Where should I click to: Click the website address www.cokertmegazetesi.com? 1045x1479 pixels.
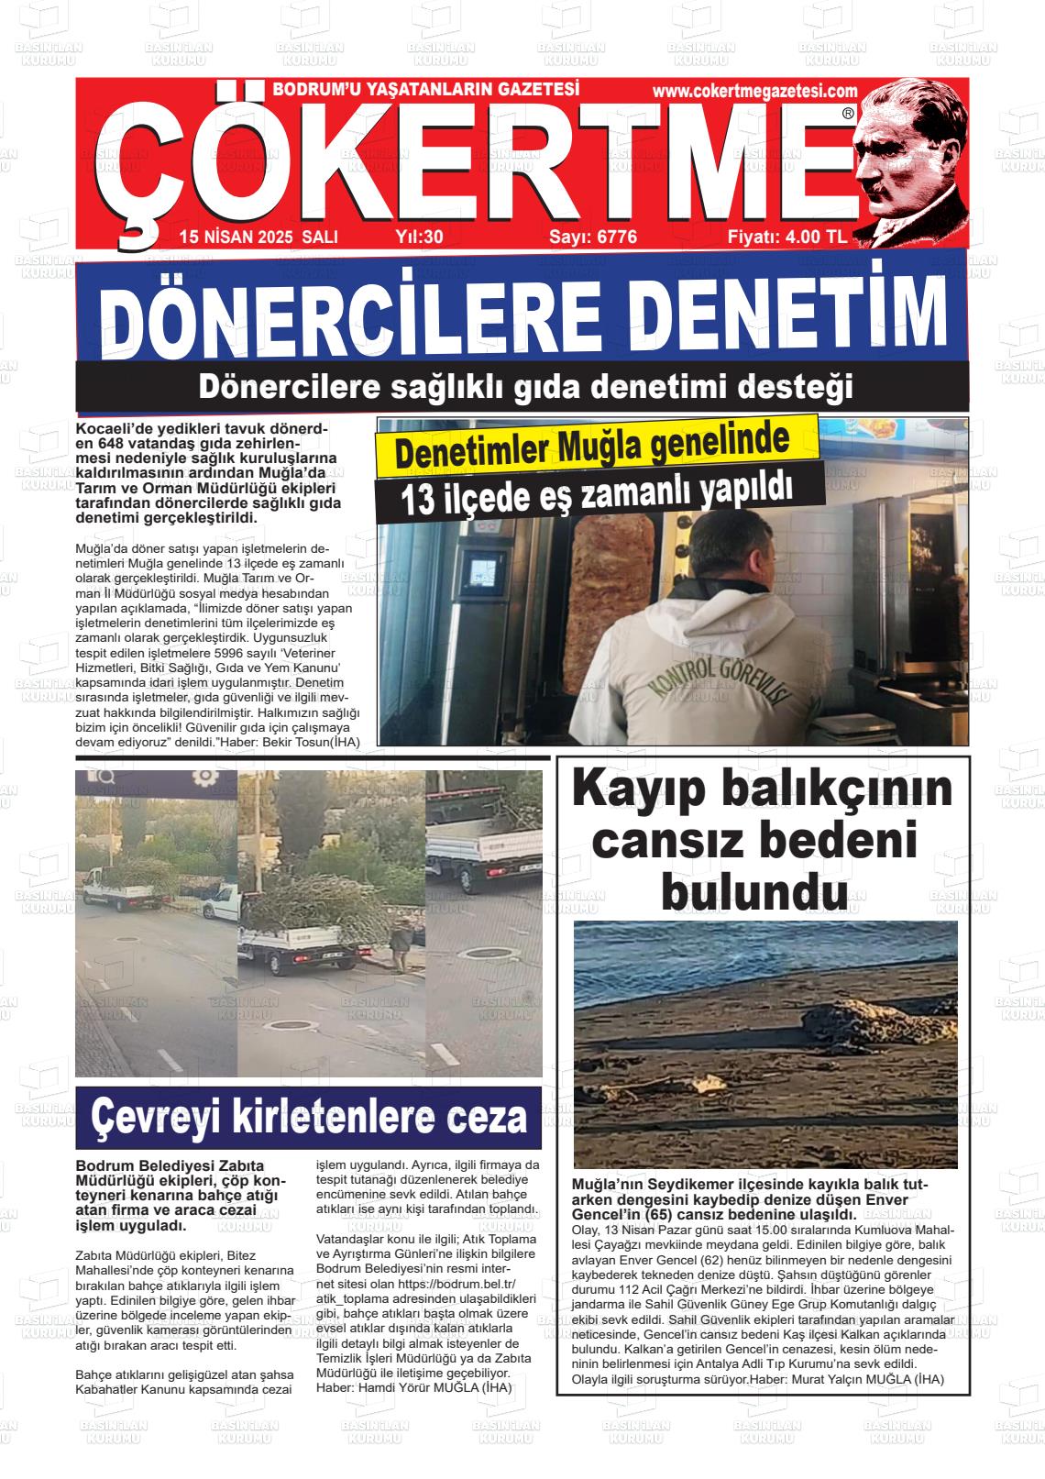pos(755,91)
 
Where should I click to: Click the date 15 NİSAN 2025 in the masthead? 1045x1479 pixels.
pos(236,237)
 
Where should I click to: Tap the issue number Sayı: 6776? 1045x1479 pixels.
pos(592,237)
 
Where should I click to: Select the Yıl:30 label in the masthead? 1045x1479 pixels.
pos(419,237)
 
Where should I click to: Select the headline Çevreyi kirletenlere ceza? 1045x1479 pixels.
pos(309,1117)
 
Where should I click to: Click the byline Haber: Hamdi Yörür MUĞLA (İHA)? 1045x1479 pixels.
pos(413,1388)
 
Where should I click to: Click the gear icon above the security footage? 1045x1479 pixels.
pos(204,776)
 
